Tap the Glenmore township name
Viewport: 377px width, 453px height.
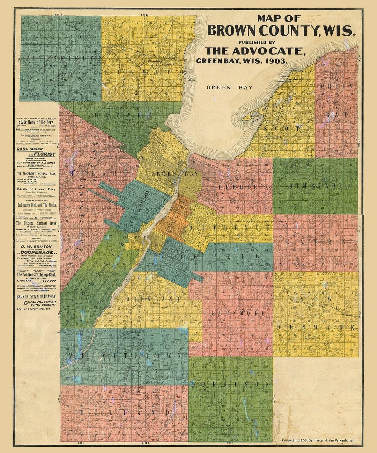(238, 313)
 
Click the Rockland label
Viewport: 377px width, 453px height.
(153, 299)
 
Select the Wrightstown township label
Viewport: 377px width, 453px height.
(125, 355)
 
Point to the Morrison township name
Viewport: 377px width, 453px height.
(231, 384)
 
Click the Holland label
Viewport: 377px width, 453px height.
(125, 413)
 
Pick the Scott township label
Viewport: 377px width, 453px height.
(287, 129)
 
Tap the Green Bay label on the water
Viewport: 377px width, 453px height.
(229, 87)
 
